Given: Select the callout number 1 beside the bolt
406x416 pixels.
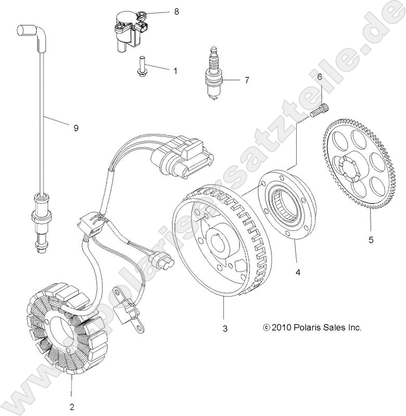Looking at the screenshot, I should click(x=175, y=70).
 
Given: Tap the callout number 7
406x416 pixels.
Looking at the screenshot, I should click(x=246, y=80).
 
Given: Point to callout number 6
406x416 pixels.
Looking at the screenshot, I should click(x=319, y=76).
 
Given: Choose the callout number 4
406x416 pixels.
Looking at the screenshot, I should click(x=298, y=272).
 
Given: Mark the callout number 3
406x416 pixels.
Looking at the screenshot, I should click(x=225, y=329).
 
